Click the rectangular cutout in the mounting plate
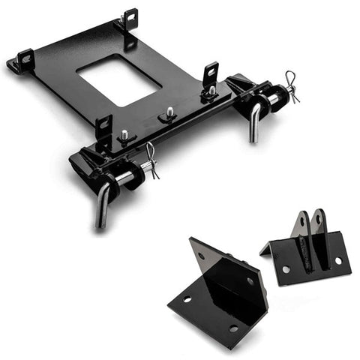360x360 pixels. pos(118,78)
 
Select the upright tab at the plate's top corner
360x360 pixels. pos(130,19)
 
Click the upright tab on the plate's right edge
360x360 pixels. pos(211,73)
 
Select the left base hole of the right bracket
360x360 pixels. pos(286,268)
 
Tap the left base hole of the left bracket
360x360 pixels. pos(187,299)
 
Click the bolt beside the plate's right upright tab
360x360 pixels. pos(212,91)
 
